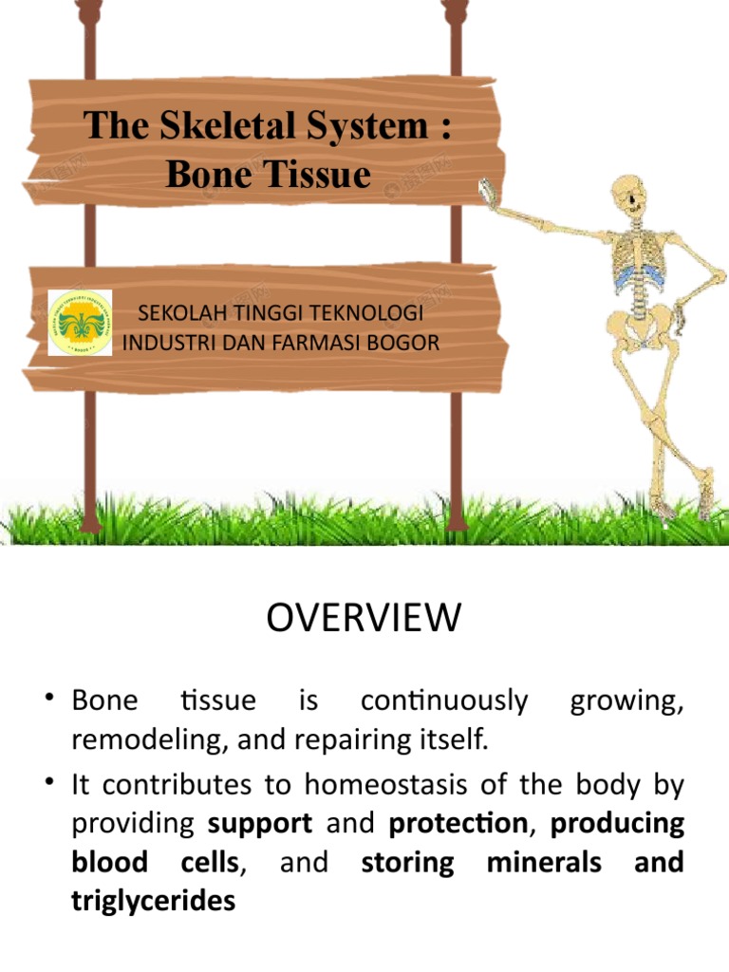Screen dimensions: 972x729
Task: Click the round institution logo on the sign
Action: [x=80, y=323]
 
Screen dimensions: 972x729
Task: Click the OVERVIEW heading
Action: [x=364, y=619]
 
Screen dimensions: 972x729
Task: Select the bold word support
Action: [x=259, y=823]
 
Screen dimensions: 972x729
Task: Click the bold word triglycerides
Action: [x=153, y=900]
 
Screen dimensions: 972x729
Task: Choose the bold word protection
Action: [x=458, y=823]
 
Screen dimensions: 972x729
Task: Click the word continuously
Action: [x=444, y=701]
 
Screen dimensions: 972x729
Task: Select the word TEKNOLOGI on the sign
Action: [x=368, y=313]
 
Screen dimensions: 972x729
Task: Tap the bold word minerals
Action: [x=544, y=862]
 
